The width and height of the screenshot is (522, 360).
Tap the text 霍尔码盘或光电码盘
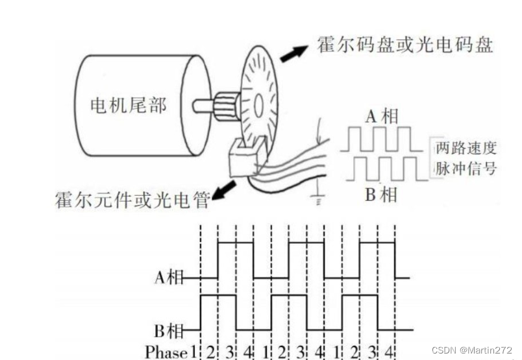pyautogui.click(x=405, y=45)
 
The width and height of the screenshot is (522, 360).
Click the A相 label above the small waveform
pyautogui.click(x=380, y=117)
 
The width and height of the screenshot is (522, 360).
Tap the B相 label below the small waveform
pyautogui.click(x=380, y=194)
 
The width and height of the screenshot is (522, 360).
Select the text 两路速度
pyautogui.click(x=466, y=148)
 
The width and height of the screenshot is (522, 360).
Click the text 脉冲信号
pyautogui.click(x=466, y=168)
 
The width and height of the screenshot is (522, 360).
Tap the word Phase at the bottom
pyautogui.click(x=166, y=352)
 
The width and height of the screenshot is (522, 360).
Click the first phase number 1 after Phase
pyautogui.click(x=193, y=352)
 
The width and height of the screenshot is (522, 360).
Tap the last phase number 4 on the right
pyautogui.click(x=389, y=352)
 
